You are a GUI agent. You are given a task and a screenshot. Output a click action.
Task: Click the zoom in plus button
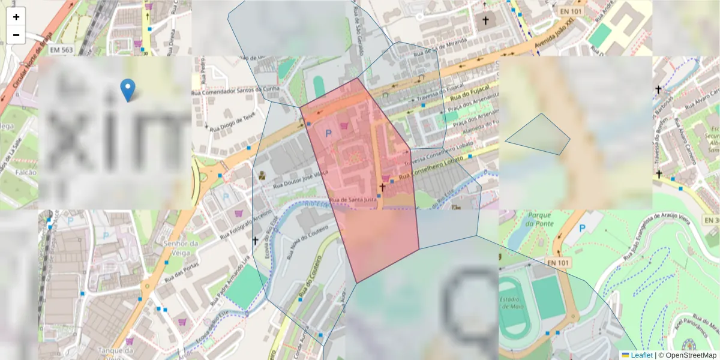coord(16,17)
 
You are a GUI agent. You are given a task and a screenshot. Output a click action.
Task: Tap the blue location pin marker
coord(127,90)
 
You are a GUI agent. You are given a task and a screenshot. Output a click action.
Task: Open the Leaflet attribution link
coord(641,355)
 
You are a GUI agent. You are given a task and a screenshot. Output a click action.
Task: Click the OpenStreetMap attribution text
coord(688,355)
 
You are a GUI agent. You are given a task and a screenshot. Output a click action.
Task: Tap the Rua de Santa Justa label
coord(353,199)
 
